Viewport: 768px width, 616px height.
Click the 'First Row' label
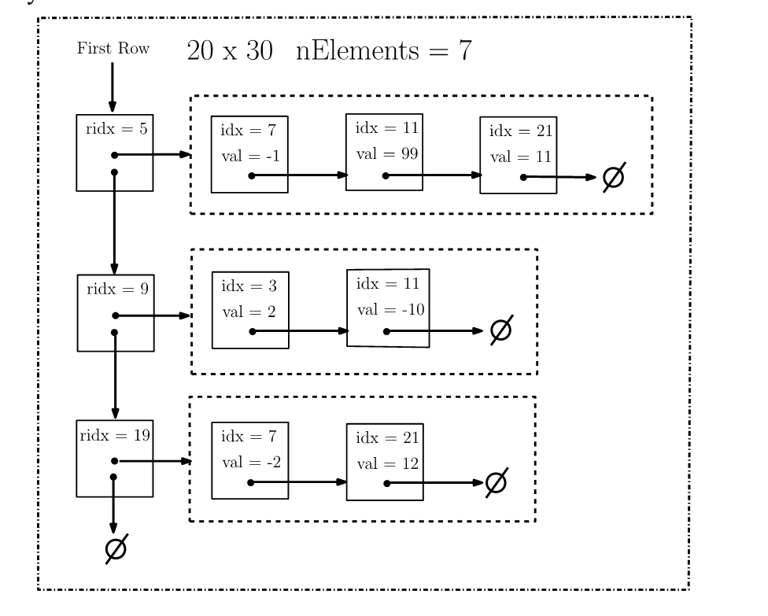click(113, 49)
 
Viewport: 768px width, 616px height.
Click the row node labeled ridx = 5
click(115, 153)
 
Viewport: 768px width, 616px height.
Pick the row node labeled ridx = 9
click(116, 312)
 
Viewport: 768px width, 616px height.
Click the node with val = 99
click(385, 152)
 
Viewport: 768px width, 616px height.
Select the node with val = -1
click(249, 154)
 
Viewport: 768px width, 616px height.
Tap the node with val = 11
click(519, 154)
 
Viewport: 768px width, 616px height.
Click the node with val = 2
click(250, 310)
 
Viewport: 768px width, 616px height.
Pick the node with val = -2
click(250, 460)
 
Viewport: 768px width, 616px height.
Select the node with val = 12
click(385, 460)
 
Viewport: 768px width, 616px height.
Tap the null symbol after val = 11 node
click(613, 178)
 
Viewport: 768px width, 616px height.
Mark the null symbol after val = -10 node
click(500, 330)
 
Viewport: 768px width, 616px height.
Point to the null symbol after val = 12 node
click(495, 482)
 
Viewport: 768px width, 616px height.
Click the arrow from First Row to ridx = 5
click(113, 87)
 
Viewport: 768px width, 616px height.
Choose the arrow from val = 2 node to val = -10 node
click(300, 331)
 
